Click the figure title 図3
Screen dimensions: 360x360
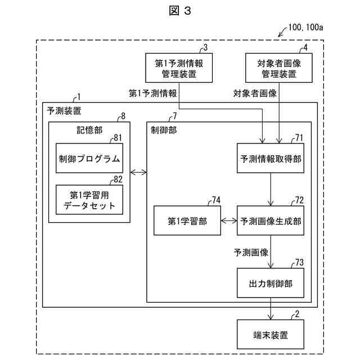pyautogui.click(x=179, y=11)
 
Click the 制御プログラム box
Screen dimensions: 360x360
pyautogui.click(x=89, y=158)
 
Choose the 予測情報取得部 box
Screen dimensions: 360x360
pyautogui.click(x=271, y=158)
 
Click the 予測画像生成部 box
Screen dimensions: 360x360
pyautogui.click(x=271, y=221)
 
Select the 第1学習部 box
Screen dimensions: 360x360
pyautogui.click(x=187, y=221)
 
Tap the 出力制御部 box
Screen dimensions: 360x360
pyautogui.click(x=271, y=283)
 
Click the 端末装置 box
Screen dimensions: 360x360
pyautogui.click(x=271, y=335)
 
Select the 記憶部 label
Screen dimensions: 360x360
pyautogui.click(x=89, y=129)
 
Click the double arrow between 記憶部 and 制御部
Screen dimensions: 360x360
pyautogui.click(x=138, y=172)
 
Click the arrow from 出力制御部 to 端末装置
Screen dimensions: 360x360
pyautogui.click(x=271, y=309)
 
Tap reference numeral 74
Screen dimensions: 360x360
pyautogui.click(x=216, y=200)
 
